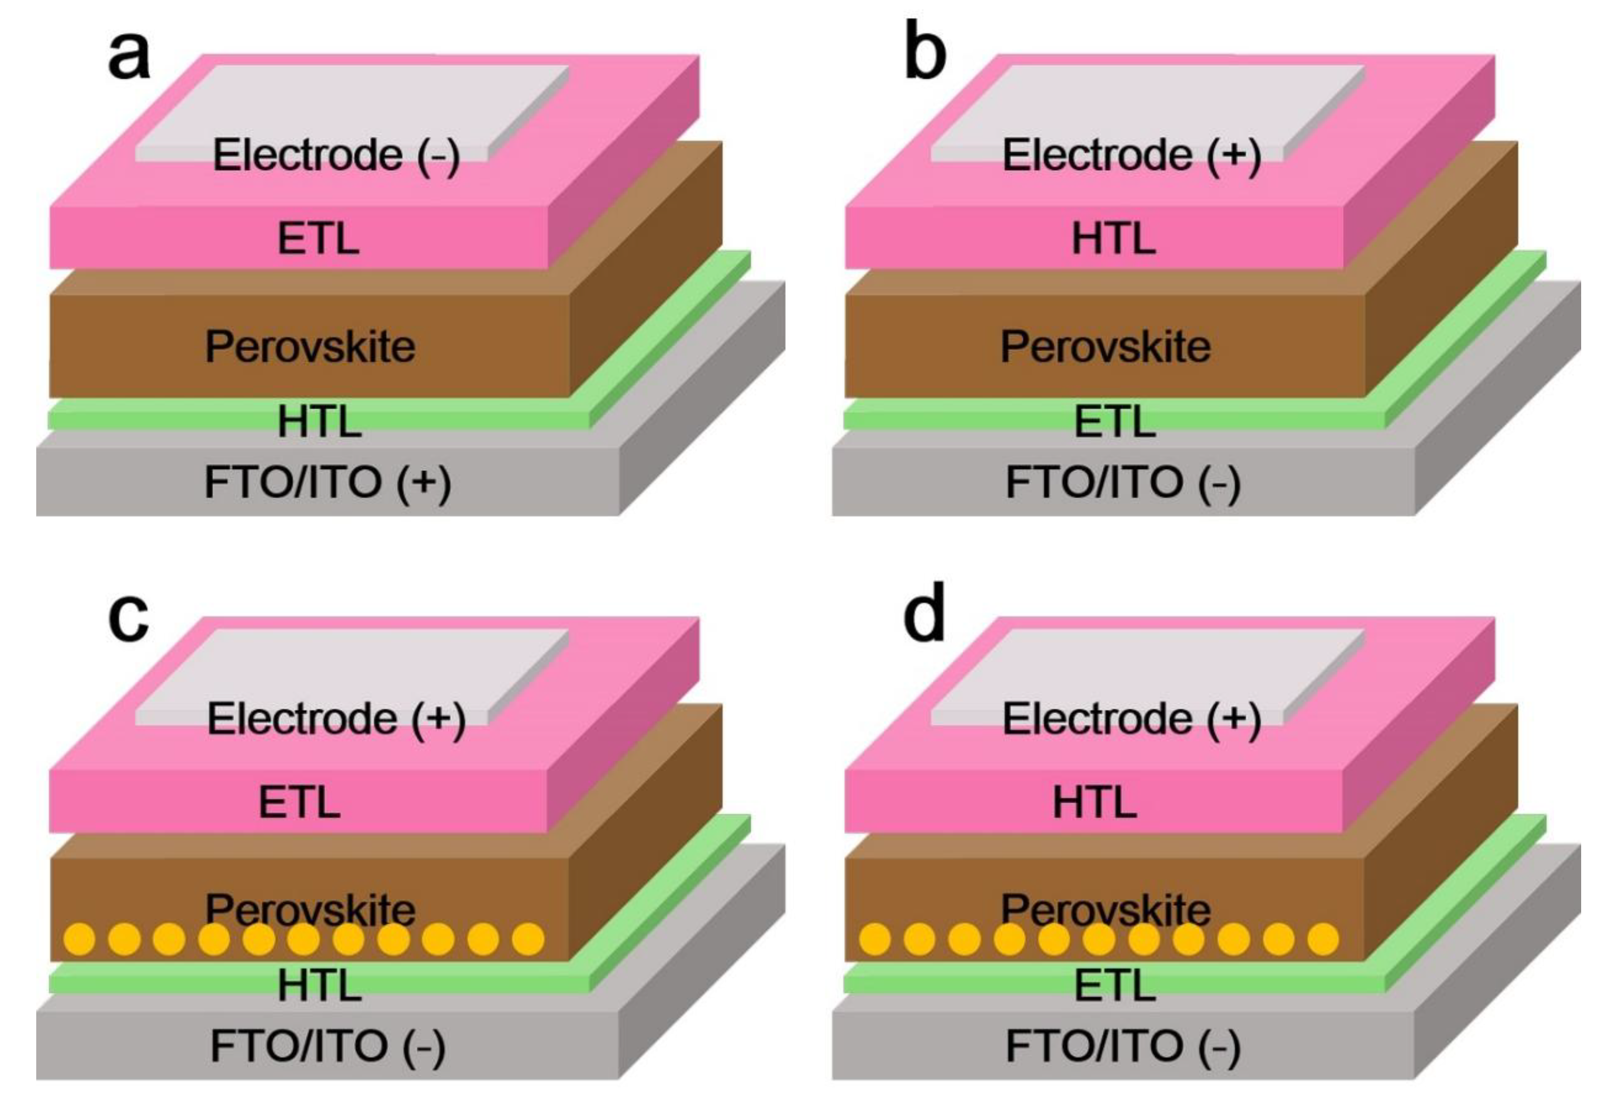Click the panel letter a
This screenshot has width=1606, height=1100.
pos(129,56)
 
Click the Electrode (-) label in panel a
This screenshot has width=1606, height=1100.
pos(336,155)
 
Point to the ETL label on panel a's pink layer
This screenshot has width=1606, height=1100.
pos(318,239)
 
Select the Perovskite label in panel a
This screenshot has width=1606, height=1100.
pos(310,346)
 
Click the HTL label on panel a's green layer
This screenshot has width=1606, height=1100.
pos(319,421)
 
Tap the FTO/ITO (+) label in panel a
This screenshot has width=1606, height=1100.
pos(328,483)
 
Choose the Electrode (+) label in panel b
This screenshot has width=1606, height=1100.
pos(1131,155)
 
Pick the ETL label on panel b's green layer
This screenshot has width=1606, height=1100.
pos(1115,421)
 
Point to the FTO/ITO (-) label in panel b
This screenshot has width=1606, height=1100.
pos(1123,483)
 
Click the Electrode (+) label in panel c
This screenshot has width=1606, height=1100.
pos(336,719)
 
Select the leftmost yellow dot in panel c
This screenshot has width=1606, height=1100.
pos(79,939)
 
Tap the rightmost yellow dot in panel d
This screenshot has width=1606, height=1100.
pos(1323,939)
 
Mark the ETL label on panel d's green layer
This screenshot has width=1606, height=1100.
pos(1115,985)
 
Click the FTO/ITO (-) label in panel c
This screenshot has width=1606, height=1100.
pos(328,1046)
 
